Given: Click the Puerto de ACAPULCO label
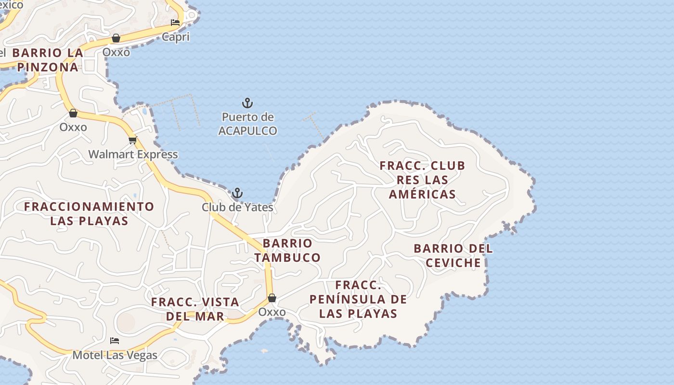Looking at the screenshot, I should [x=247, y=124].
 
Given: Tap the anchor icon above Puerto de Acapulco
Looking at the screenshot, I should [x=247, y=103].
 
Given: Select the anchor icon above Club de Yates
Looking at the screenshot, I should [x=237, y=193].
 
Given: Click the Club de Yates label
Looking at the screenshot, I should [x=237, y=207].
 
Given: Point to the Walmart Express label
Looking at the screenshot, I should [x=133, y=154].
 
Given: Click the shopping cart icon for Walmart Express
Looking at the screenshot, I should [x=132, y=141].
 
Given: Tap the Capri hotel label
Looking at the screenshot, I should [x=176, y=37].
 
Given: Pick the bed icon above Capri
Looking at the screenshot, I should [x=175, y=23].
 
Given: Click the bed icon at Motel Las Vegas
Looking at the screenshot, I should [x=115, y=341].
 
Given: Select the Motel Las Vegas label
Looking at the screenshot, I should [x=115, y=356].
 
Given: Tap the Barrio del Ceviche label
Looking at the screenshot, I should [x=453, y=256].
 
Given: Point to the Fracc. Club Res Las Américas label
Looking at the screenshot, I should [x=422, y=180].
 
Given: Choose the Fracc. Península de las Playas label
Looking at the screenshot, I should [x=358, y=299].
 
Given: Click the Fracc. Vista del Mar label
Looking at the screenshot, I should [x=195, y=309].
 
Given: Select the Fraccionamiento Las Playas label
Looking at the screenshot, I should [x=89, y=214].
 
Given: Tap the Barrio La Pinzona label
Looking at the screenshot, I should [x=47, y=60].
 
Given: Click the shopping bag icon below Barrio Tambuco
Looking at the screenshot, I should [x=272, y=298].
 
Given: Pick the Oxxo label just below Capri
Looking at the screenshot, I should [x=116, y=52].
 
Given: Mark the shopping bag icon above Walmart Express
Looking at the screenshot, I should [x=73, y=113].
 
